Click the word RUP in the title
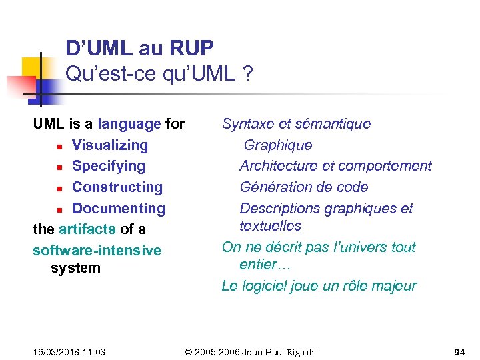pyautogui.click(x=192, y=49)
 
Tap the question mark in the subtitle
pyautogui.click(x=248, y=74)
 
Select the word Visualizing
pyautogui.click(x=109, y=145)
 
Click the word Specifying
pyautogui.click(x=108, y=166)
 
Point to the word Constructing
pyautogui.click(x=117, y=187)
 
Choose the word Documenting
pyautogui.click(x=118, y=209)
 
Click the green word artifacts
pyautogui.click(x=87, y=229)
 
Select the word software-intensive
pyautogui.click(x=97, y=251)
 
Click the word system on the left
pyautogui.click(x=75, y=269)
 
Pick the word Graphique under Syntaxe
pyautogui.click(x=277, y=145)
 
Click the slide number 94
pyautogui.click(x=459, y=352)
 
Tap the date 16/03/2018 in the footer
pyautogui.click(x=57, y=352)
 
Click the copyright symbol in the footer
pyautogui.click(x=189, y=352)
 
